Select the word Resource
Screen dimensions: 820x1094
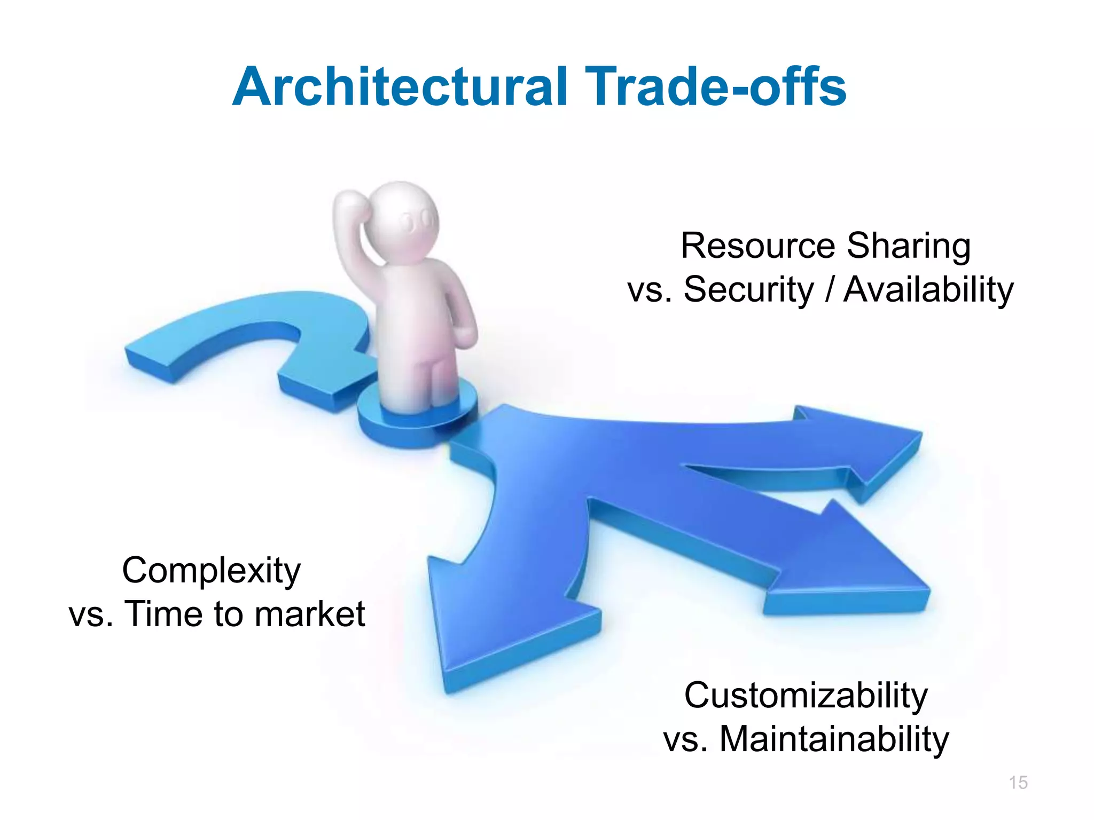758,246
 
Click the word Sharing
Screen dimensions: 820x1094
909,247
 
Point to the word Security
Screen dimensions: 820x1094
748,290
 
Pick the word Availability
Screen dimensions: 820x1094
928,290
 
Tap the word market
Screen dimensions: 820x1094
310,614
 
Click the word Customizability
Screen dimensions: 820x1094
806,697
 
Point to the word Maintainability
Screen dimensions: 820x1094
834,740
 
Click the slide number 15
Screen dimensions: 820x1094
1018,783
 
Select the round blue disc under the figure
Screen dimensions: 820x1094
417,422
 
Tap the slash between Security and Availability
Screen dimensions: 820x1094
829,290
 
